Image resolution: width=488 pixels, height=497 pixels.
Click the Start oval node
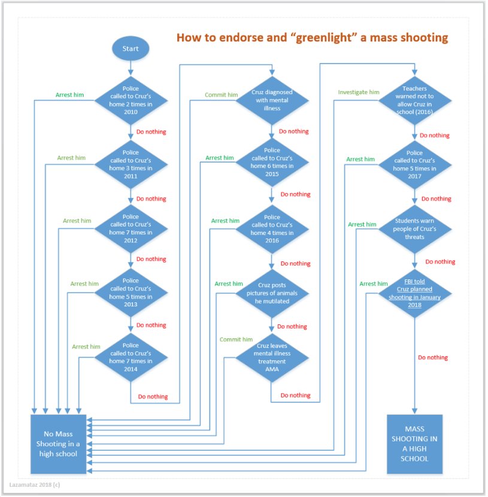[x=130, y=48]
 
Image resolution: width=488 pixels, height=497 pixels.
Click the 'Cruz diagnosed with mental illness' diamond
[x=272, y=101]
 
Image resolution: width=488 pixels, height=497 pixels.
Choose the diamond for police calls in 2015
[x=272, y=162]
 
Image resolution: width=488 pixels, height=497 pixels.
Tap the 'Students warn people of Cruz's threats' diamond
[x=414, y=228]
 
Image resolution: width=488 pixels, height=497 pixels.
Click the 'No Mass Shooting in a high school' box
[x=59, y=444]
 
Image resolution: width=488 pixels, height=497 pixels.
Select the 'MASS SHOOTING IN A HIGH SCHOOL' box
[x=414, y=444]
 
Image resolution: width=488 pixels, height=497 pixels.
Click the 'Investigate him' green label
[x=359, y=92]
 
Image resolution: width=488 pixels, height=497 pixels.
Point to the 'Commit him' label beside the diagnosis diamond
[x=221, y=95]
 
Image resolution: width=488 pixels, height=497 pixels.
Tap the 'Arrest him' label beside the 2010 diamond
[x=71, y=95]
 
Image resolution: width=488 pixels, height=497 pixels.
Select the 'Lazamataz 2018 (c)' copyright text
[x=35, y=483]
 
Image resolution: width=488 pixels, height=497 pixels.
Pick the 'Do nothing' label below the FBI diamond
[x=433, y=357]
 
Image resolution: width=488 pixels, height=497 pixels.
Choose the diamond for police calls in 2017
[x=414, y=165]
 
